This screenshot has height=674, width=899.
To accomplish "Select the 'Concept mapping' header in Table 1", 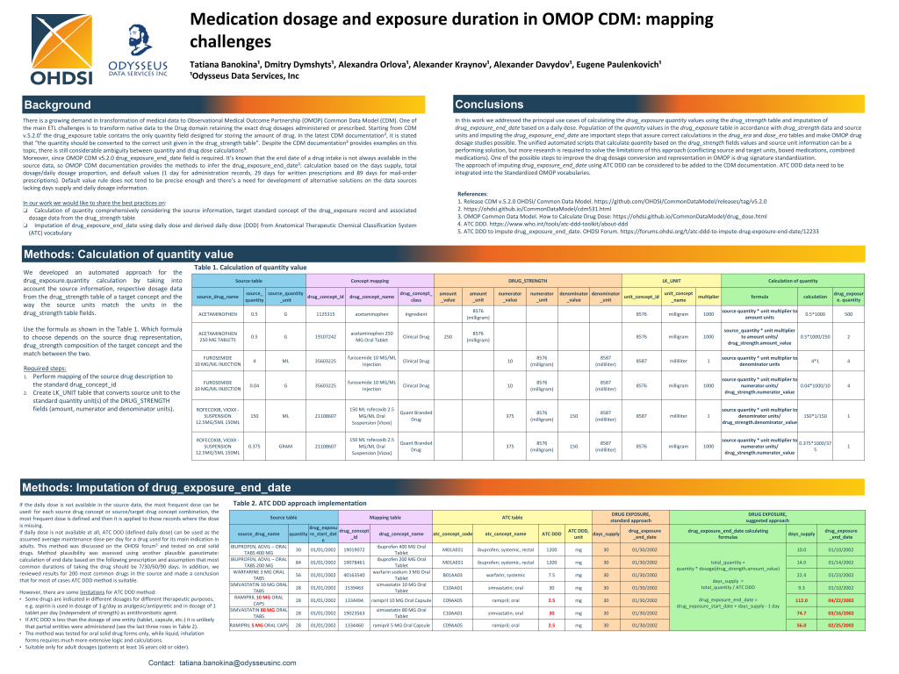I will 369,279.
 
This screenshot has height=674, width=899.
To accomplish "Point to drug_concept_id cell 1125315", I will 324,313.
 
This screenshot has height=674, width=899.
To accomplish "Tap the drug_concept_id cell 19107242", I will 324,336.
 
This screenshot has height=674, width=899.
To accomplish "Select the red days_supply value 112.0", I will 801,600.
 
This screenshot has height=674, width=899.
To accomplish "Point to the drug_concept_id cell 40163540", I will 354,575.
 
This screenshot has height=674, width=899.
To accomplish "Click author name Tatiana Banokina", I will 226,64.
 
